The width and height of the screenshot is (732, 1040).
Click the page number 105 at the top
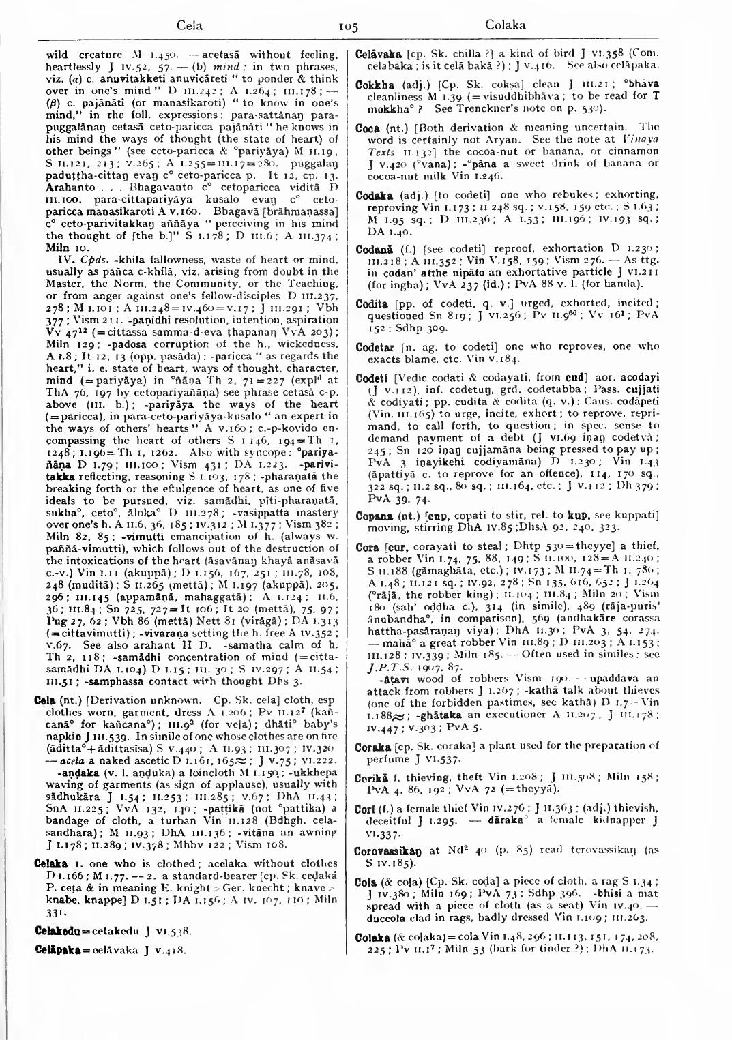click(348, 27)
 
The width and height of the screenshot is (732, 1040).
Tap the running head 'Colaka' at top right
click(505, 26)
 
